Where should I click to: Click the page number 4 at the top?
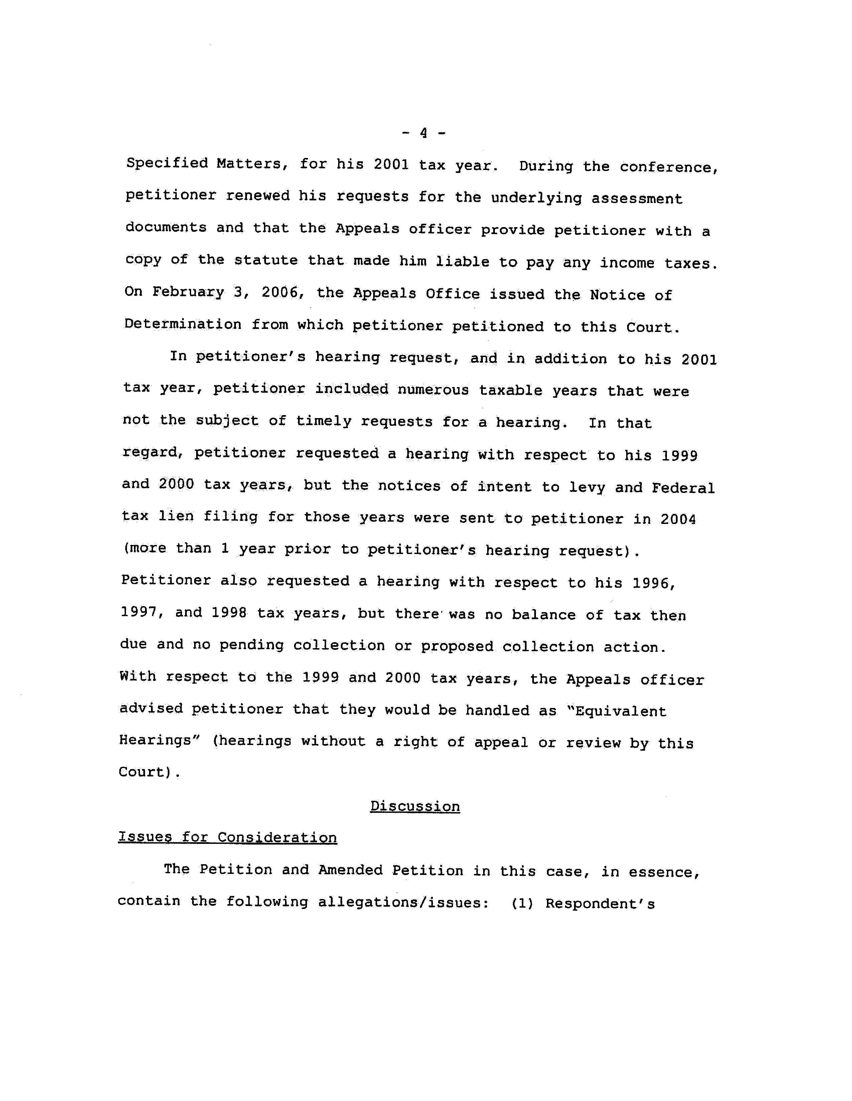pos(424,133)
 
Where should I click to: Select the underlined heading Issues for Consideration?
pos(228,837)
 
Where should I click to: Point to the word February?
pos(188,293)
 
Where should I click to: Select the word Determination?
pos(183,324)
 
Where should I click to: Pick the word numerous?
pos(433,390)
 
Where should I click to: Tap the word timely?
pos(323,421)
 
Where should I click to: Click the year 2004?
pos(678,519)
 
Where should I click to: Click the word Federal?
pos(683,488)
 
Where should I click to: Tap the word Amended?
pos(350,870)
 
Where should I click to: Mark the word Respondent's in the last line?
pos(600,903)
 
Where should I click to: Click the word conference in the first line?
pos(668,167)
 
